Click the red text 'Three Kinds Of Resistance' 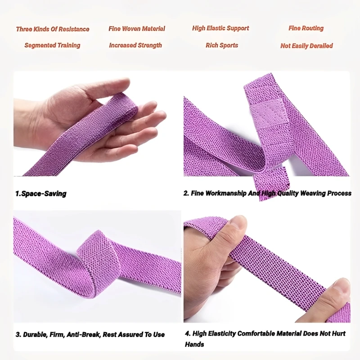click(53, 29)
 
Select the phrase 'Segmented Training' click(52, 45)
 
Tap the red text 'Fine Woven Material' click(137, 29)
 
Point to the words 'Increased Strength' click(135, 45)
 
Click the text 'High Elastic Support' click(220, 28)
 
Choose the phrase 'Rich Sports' click(222, 45)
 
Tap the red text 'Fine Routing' click(306, 28)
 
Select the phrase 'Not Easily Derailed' click(306, 46)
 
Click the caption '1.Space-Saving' click(41, 194)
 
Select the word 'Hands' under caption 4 click(194, 345)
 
